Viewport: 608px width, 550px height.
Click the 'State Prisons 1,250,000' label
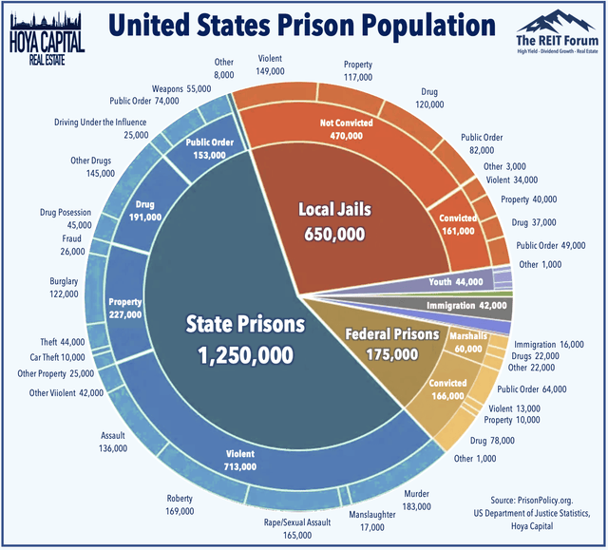coord(245,338)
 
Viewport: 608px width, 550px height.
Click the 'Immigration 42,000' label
coord(467,306)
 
